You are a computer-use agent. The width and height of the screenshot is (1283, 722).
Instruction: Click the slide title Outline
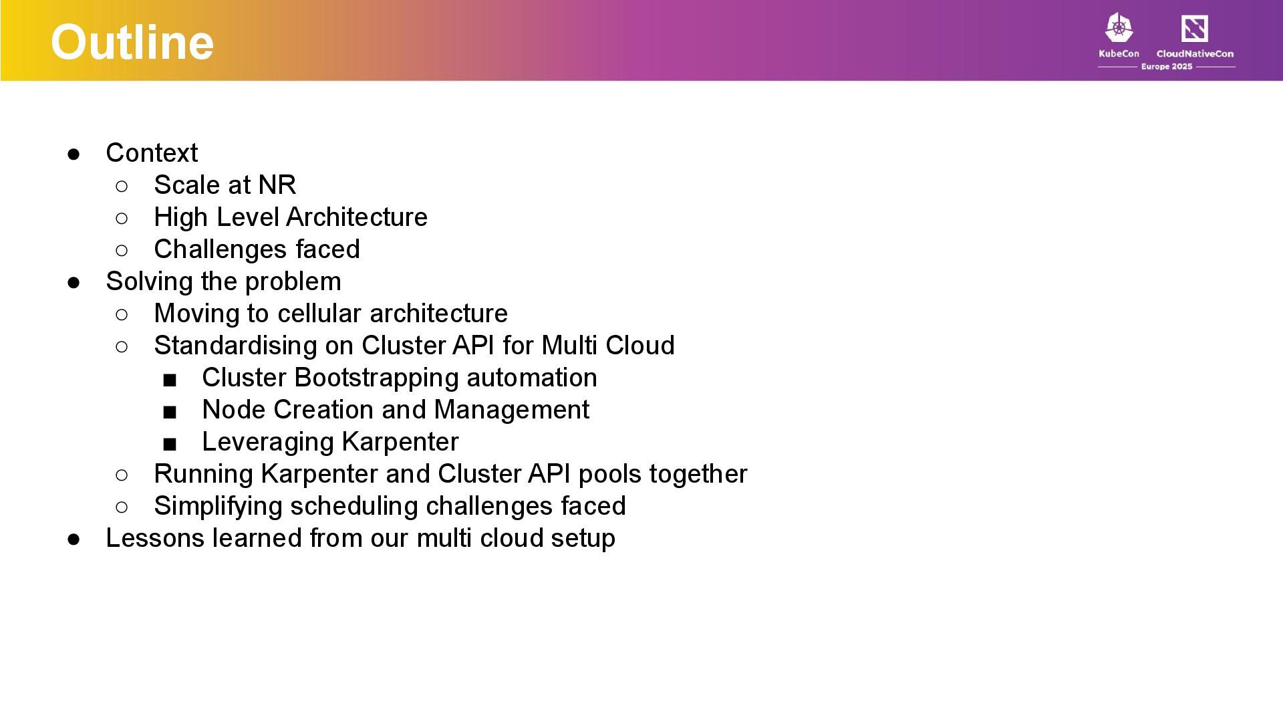tap(132, 42)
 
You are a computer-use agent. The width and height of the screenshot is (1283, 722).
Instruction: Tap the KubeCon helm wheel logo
tap(1119, 28)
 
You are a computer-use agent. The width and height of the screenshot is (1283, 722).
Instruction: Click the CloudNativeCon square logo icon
tap(1194, 29)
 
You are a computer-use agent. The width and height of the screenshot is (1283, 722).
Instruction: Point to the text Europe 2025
tap(1166, 67)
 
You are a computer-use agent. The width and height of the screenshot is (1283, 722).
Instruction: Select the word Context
tap(152, 153)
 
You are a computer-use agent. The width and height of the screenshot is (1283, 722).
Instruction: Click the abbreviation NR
tap(277, 185)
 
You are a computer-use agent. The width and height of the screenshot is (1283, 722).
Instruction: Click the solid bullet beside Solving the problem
tap(74, 282)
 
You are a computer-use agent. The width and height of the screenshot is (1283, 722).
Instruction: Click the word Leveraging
tap(268, 442)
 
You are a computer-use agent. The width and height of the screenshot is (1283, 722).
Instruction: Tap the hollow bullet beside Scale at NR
tap(122, 186)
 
